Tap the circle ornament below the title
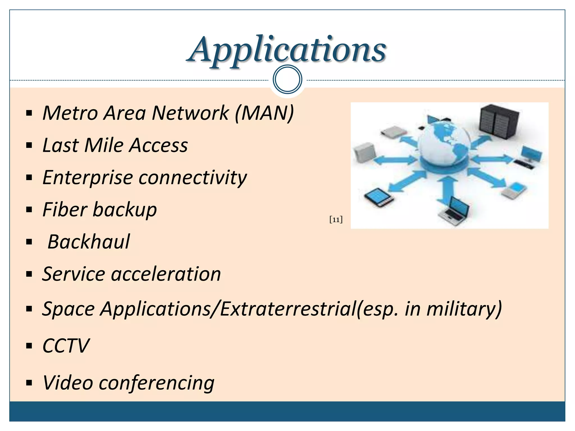click(x=287, y=79)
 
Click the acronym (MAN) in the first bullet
click(x=264, y=113)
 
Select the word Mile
click(x=104, y=145)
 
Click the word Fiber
click(x=65, y=210)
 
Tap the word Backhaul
click(x=89, y=242)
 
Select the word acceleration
click(x=166, y=274)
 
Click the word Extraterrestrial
click(x=288, y=309)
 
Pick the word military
click(x=463, y=309)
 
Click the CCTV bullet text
click(x=66, y=346)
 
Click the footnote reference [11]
click(x=336, y=219)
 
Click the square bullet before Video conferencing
click(x=29, y=383)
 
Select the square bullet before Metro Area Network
click(x=29, y=113)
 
